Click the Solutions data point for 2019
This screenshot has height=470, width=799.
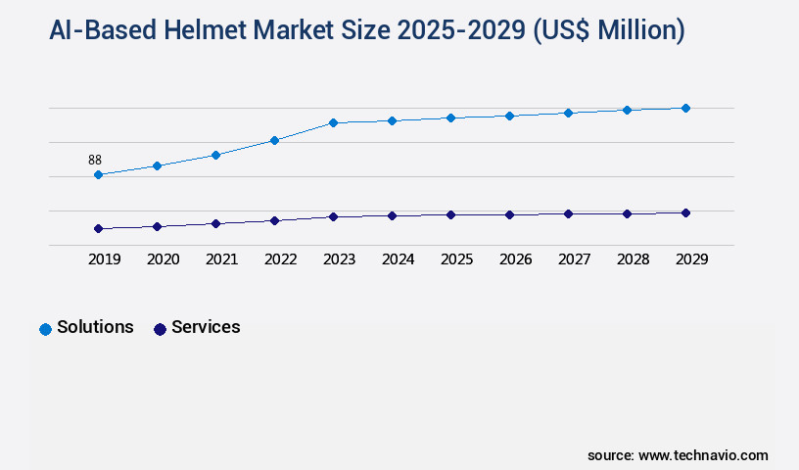click(98, 175)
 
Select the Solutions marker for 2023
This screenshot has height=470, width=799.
click(333, 122)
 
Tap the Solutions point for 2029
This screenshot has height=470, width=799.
click(685, 108)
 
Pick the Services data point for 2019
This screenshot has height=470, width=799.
click(98, 228)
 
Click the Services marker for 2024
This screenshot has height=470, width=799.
click(392, 215)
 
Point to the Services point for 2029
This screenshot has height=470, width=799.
click(685, 212)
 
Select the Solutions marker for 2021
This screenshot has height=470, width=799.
click(215, 155)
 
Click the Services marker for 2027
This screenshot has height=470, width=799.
click(568, 213)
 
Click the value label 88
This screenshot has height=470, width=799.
click(95, 160)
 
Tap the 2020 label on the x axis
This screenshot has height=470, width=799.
click(163, 259)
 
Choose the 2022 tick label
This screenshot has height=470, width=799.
click(280, 259)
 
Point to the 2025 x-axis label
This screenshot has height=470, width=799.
click(456, 259)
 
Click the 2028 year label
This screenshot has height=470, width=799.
click(633, 259)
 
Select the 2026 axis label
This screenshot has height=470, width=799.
click(515, 259)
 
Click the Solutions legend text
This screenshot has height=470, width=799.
click(95, 327)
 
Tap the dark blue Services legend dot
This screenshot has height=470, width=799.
click(160, 329)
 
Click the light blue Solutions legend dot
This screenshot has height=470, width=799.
click(45, 329)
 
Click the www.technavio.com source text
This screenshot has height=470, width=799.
click(703, 455)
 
